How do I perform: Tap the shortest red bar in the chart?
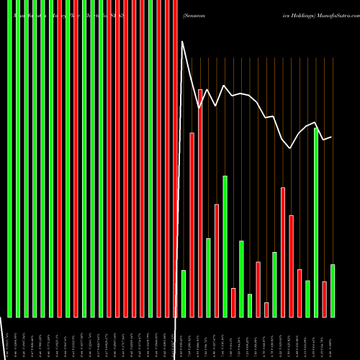pyautogui.click(x=266, y=310)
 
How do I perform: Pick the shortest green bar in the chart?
pyautogui.click(x=250, y=305)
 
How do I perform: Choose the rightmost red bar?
pyautogui.click(x=325, y=299)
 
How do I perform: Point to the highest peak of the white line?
pyautogui.click(x=183, y=42)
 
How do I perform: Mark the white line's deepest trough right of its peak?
pyautogui.click(x=291, y=148)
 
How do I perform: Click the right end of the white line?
pyautogui.click(x=331, y=137)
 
